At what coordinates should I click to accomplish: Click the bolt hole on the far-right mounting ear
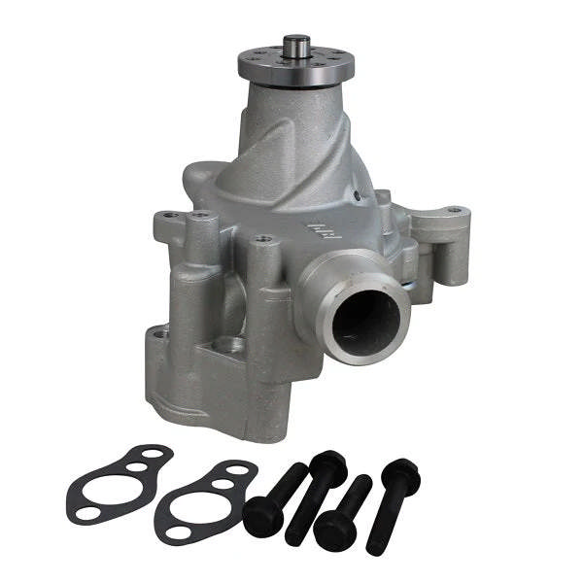(454, 209)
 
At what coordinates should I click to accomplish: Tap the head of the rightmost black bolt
(401, 474)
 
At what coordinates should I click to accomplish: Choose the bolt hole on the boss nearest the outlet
(260, 239)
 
